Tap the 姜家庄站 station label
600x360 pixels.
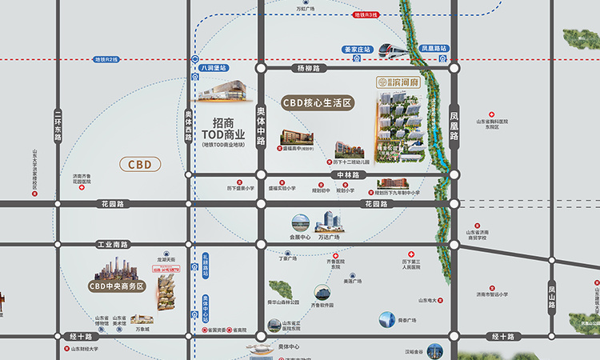[357, 49]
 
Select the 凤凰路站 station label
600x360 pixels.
[434, 49]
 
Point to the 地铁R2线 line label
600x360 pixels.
[106, 59]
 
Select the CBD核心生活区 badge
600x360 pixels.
[318, 103]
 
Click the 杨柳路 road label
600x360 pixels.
[307, 69]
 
